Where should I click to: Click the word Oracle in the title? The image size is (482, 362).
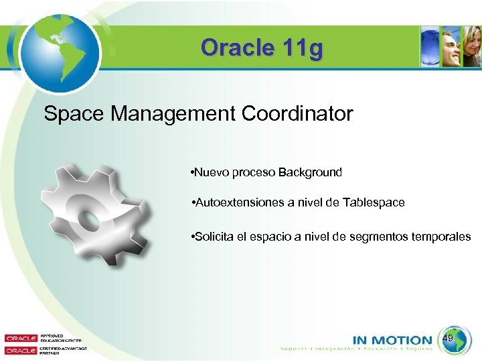coord(231,48)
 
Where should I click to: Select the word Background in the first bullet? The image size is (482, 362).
coord(310,172)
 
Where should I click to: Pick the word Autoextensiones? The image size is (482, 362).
coord(237,202)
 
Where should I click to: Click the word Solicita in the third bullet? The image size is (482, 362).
coord(214,237)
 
